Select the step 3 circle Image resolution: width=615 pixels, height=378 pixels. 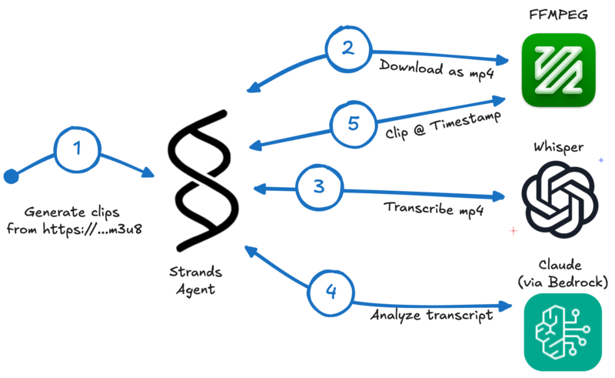(319, 186)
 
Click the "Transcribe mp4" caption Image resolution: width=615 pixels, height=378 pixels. (434, 209)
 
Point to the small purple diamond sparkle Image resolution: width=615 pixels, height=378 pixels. (601, 159)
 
